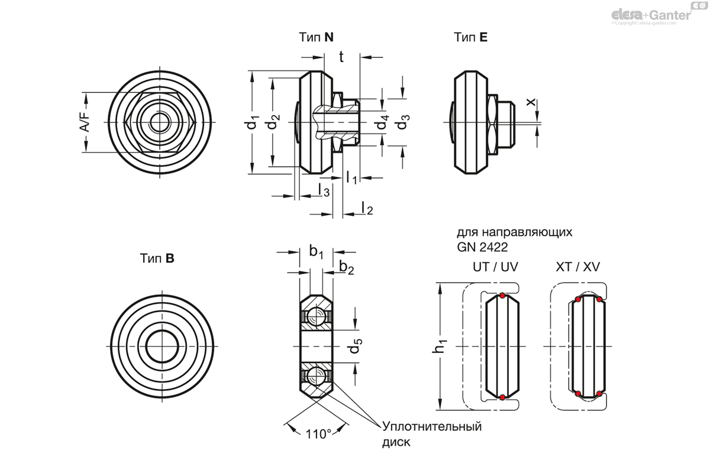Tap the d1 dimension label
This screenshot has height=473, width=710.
point(253,124)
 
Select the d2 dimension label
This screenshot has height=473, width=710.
point(272,124)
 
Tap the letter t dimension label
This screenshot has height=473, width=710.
point(341,56)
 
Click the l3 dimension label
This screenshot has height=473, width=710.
point(324,189)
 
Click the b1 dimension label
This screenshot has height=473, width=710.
point(317,252)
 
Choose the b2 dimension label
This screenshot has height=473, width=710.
point(347,268)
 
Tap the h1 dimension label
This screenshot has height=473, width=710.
point(440,346)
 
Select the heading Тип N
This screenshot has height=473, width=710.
point(316,37)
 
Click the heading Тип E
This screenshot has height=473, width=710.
point(471,37)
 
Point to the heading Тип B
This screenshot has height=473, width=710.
point(157,258)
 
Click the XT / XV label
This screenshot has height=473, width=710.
point(578,267)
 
